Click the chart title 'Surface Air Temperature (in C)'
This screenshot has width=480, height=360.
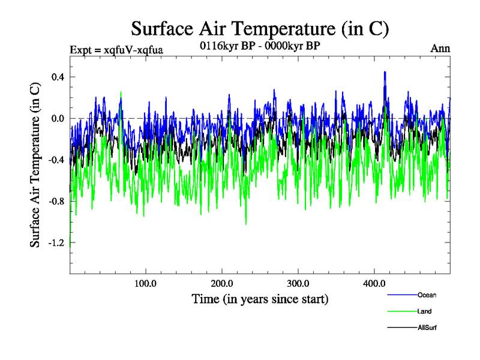[x=260, y=28]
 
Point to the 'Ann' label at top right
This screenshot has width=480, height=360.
[x=440, y=49]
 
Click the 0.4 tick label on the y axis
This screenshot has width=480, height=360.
[x=58, y=77]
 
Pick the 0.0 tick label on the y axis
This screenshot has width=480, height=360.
[x=58, y=118]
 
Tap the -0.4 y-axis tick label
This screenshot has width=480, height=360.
[x=56, y=160]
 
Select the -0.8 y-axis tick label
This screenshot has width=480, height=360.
[x=56, y=201]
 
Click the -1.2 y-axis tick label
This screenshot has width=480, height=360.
[x=56, y=242]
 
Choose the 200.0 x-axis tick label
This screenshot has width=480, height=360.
[x=222, y=283]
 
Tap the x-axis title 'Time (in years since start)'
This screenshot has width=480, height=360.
[x=260, y=298]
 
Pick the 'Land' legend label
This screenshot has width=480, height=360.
[x=424, y=311]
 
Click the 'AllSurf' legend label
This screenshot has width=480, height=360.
[x=427, y=328]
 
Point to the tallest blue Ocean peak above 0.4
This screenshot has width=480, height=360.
[x=385, y=72]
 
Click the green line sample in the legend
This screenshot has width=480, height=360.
[x=403, y=311]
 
